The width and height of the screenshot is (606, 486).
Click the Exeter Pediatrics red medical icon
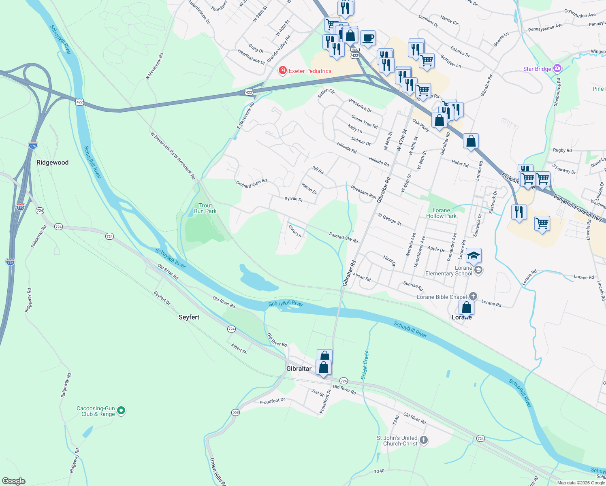pos(283,71)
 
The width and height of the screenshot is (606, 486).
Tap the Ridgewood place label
pos(53,162)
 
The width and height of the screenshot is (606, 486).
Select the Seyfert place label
pos(189,317)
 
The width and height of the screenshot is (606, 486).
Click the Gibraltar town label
pos(299,369)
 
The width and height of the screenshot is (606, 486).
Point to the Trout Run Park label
pos(205,208)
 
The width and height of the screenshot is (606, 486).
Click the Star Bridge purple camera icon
pos(558,68)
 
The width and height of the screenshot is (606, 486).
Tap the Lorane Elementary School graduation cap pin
pos(474,256)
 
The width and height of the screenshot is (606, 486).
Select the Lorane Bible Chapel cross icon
pos(473,297)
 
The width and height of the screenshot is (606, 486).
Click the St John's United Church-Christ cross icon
pos(424,440)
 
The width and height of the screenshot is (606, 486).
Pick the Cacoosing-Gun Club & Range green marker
pos(121,411)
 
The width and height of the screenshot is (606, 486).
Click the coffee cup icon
pos(367,38)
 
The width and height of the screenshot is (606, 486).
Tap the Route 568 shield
pos(235,412)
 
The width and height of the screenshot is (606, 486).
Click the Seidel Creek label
pos(365,365)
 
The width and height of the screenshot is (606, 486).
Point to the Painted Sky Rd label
pos(344,238)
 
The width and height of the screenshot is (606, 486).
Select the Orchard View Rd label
pos(252,183)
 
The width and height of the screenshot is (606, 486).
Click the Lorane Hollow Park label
pos(441,213)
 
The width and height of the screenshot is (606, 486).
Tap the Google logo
pos(13,481)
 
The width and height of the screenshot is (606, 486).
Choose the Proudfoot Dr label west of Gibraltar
pos(272,401)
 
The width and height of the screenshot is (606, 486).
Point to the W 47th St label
pos(401,141)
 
